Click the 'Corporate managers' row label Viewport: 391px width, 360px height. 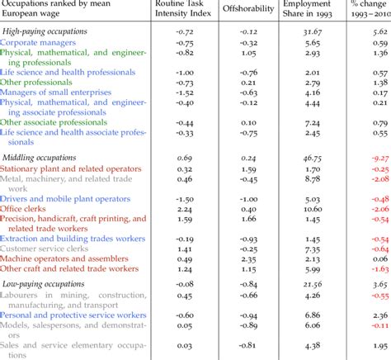tap(41, 41)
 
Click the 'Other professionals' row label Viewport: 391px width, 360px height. tap(39, 82)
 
